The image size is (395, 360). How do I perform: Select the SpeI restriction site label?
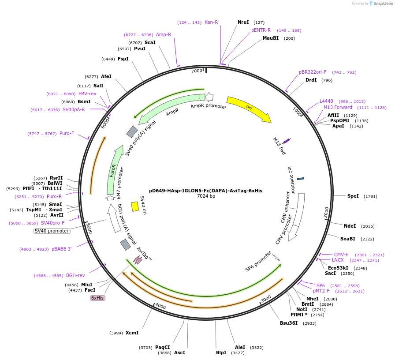pyautogui.click(x=353, y=196)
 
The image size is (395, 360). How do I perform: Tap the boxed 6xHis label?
pyautogui.click(x=97, y=298)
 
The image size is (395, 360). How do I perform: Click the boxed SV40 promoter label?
pyautogui.click(x=52, y=231)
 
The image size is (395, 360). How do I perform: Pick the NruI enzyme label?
pyautogui.click(x=243, y=22)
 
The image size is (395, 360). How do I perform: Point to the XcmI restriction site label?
pyautogui.click(x=132, y=333)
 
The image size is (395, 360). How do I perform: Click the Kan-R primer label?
pyautogui.click(x=211, y=22)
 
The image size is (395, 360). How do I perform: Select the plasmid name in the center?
pyautogui.click(x=205, y=191)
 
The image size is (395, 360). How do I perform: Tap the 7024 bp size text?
pyautogui.click(x=206, y=196)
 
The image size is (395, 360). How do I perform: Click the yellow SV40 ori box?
pyautogui.click(x=135, y=206)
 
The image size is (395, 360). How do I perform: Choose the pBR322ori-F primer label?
pyautogui.click(x=313, y=72)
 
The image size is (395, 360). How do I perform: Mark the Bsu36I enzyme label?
pyautogui.click(x=288, y=323)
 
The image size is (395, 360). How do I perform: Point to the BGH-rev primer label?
pyautogui.click(x=75, y=275)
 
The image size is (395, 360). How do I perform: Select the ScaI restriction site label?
pyautogui.click(x=150, y=42)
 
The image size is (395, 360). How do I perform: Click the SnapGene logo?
pyautogui.click(x=380, y=4)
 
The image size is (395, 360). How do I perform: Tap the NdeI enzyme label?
pyautogui.click(x=350, y=226)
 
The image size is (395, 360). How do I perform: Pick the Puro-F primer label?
pyautogui.click(x=67, y=133)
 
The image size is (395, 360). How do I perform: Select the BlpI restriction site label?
pyautogui.click(x=221, y=352)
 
